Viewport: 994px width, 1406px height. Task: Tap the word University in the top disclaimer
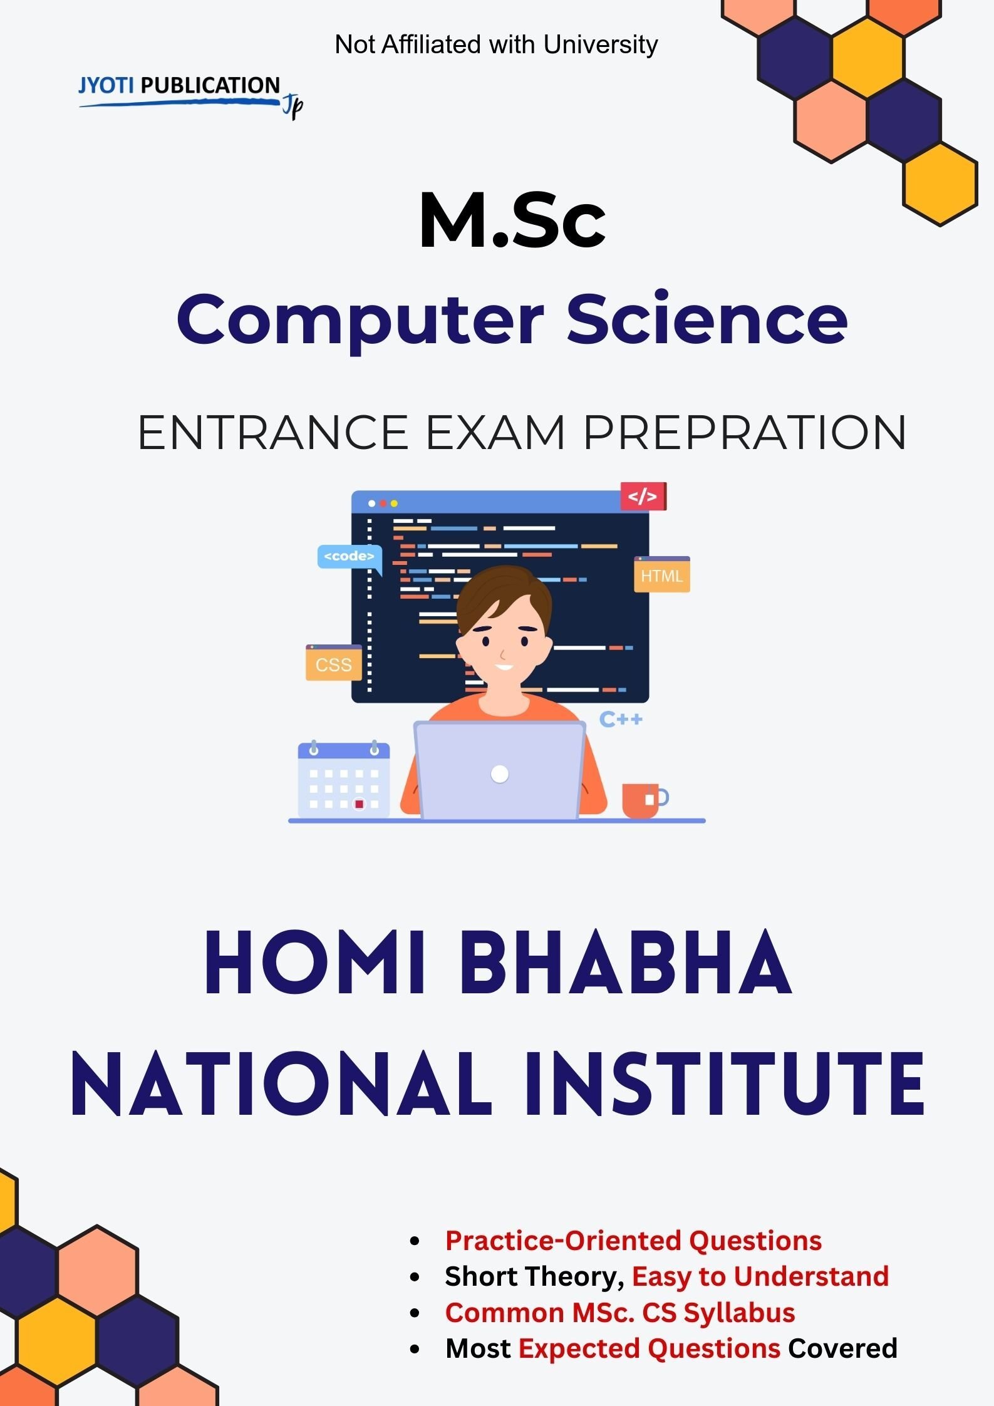(x=601, y=45)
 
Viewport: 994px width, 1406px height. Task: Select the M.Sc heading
(x=512, y=221)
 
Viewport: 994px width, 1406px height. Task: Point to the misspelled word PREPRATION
(x=745, y=432)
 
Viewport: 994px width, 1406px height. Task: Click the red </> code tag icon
(x=643, y=497)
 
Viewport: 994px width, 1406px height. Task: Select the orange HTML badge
(x=662, y=574)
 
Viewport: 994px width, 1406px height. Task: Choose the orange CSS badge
(x=334, y=663)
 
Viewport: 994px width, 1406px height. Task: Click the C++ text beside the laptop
(x=621, y=719)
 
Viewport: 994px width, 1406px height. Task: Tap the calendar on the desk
(x=343, y=779)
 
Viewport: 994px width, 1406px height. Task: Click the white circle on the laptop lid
(x=500, y=774)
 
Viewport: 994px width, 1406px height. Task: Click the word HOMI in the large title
(x=316, y=964)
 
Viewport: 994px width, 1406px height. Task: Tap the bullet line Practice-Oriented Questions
(x=633, y=1241)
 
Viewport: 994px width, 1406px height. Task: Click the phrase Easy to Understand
(x=760, y=1276)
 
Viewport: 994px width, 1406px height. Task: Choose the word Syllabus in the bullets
(x=739, y=1313)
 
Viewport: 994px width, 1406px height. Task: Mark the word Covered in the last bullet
(x=842, y=1348)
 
